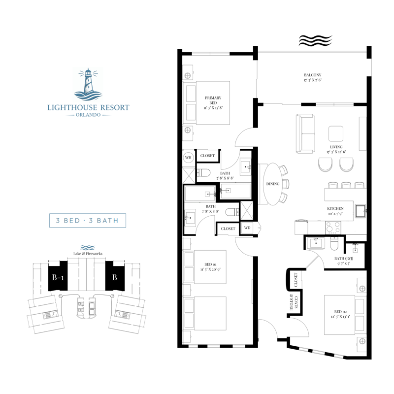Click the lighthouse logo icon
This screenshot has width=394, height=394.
pyautogui.click(x=88, y=84)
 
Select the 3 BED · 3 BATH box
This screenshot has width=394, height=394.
pyautogui.click(x=88, y=220)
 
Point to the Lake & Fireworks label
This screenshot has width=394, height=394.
pyautogui.click(x=87, y=254)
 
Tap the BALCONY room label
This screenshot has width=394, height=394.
pyautogui.click(x=312, y=75)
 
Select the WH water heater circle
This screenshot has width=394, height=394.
pyautogui.click(x=188, y=158)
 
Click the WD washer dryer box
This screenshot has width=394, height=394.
pyautogui.click(x=247, y=228)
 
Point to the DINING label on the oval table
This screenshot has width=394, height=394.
pyautogui.click(x=273, y=184)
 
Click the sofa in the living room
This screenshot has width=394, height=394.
pyautogui.click(x=305, y=133)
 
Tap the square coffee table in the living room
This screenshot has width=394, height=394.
pyautogui.click(x=336, y=133)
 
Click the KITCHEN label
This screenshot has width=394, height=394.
pyautogui.click(x=335, y=208)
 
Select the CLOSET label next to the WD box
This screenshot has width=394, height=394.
pyautogui.click(x=228, y=229)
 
